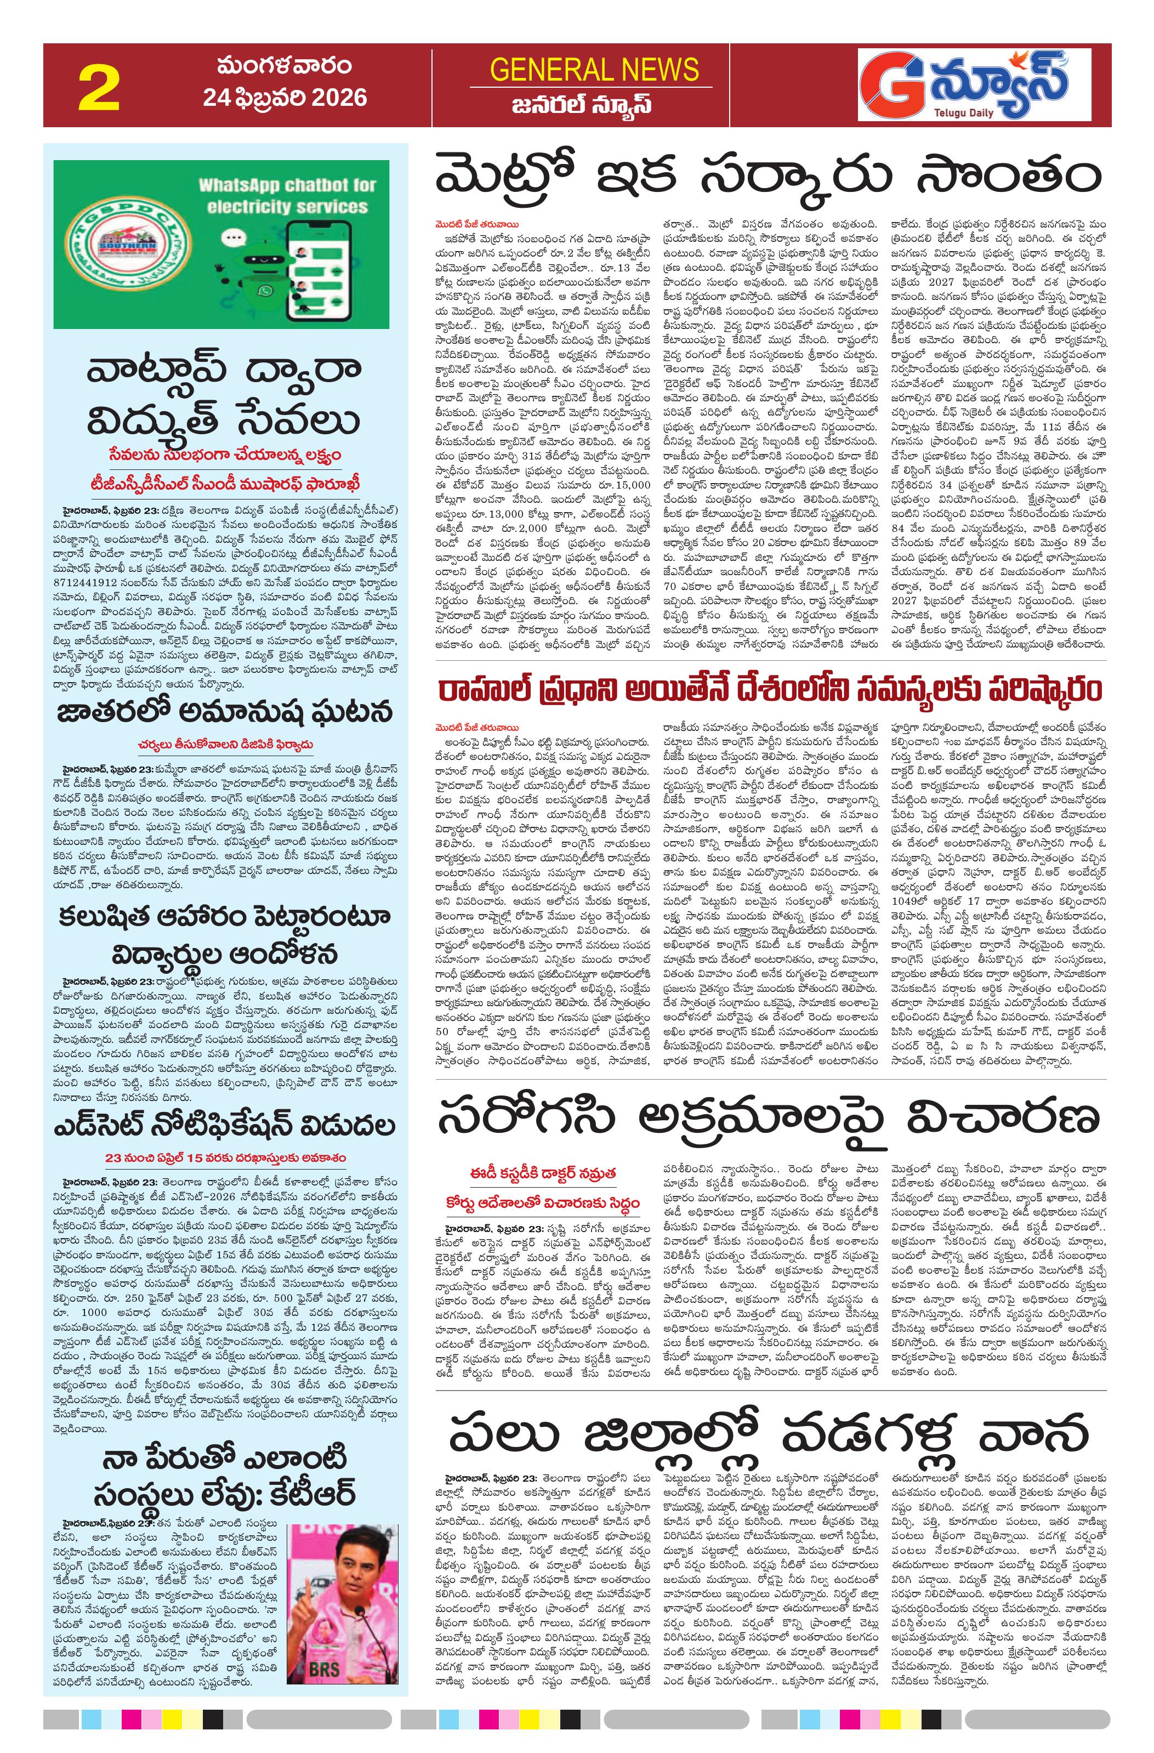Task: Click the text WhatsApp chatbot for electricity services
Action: coord(287,195)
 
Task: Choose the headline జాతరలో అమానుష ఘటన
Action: coord(225,713)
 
